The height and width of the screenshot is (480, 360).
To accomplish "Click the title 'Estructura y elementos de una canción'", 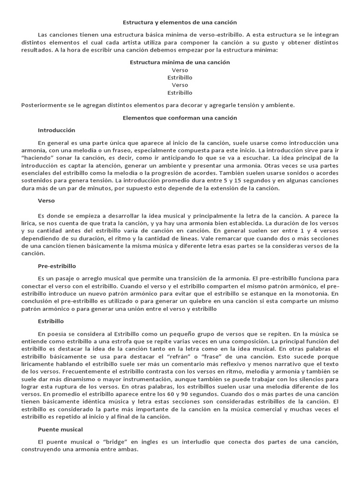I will (180, 22).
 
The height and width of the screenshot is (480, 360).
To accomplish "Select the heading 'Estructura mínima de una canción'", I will (180, 62).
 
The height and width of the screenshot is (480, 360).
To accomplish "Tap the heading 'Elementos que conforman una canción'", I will (180, 118).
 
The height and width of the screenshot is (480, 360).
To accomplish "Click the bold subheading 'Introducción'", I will (56, 130).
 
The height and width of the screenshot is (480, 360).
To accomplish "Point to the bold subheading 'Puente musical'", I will (60, 429).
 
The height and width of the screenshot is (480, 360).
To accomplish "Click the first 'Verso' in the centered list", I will (180, 70).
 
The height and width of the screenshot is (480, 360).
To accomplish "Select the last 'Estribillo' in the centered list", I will (180, 93).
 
